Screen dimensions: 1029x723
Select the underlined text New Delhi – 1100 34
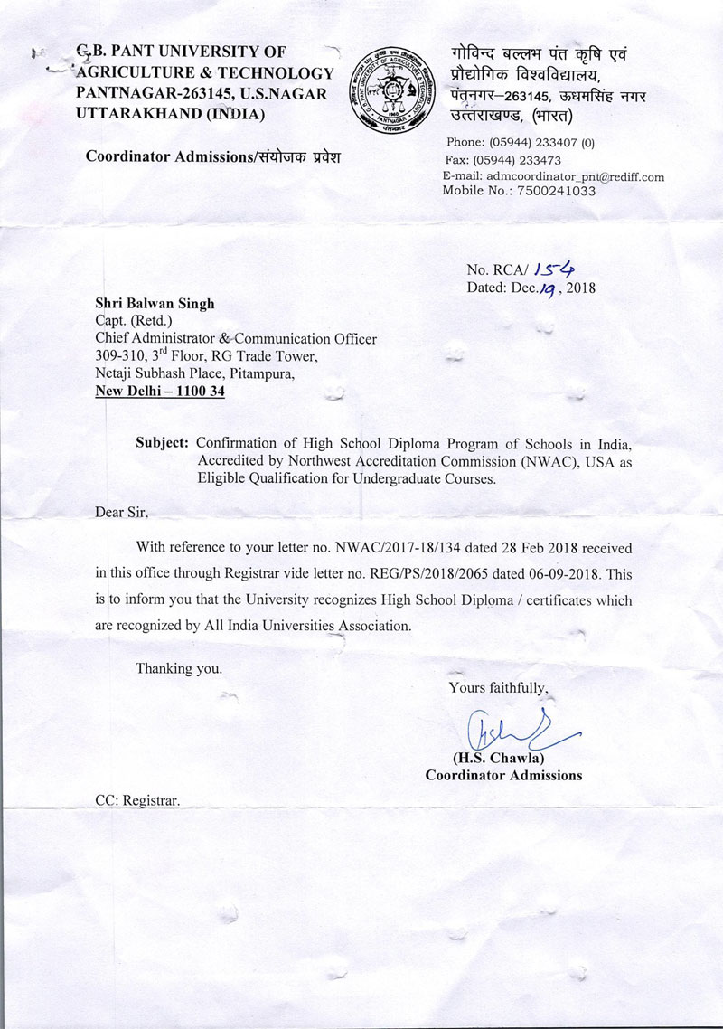(x=160, y=392)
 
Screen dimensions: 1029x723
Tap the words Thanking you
(x=178, y=669)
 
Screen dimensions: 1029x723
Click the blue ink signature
(x=515, y=726)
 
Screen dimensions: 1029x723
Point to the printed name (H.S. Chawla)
(x=502, y=758)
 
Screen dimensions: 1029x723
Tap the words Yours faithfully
(x=498, y=688)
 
